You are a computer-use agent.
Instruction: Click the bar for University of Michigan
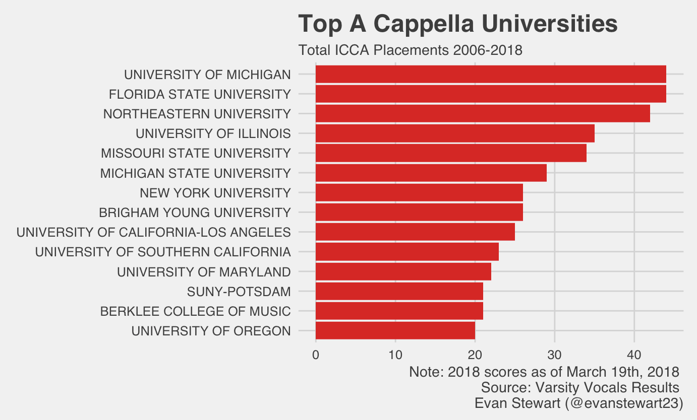(490, 74)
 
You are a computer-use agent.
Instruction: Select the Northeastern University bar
(482, 114)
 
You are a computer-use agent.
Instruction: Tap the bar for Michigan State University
(431, 173)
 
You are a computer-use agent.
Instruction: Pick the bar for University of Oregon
(395, 331)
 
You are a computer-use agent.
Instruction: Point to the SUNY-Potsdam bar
(399, 292)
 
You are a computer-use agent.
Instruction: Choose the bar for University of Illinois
(454, 133)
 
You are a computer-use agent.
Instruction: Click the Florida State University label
(200, 94)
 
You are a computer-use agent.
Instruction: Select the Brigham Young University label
(195, 213)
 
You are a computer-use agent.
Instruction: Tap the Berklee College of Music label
(195, 311)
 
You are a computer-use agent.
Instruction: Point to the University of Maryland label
(204, 272)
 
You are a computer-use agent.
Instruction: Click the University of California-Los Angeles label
(153, 232)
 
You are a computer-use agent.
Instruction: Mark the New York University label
(215, 193)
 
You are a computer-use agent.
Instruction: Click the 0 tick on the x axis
(316, 355)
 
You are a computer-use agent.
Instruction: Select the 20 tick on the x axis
(475, 355)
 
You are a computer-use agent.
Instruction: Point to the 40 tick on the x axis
(634, 355)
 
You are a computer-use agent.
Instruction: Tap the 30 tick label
(555, 355)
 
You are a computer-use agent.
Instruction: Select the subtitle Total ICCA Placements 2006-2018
(410, 50)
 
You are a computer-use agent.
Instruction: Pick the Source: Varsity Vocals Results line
(580, 388)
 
